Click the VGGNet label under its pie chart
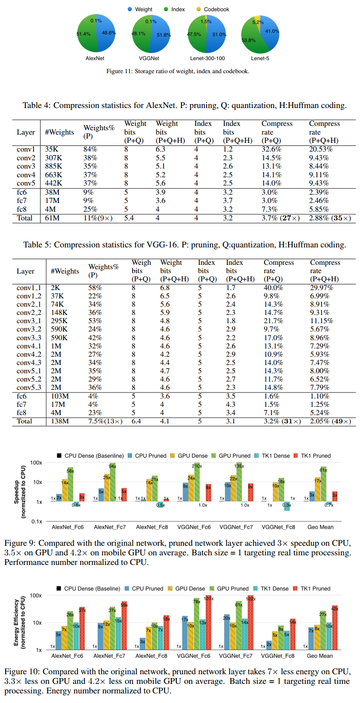pos(149,58)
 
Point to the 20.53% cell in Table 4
pos(321,149)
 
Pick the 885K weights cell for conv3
pos(54,166)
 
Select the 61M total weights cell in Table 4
pos(52,218)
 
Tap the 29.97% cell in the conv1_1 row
pos(322,288)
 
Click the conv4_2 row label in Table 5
pos(29,355)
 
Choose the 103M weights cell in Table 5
pos(60,396)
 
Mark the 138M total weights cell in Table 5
pos(60,421)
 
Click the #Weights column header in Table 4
pos(59,132)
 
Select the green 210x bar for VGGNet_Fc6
pos(197,482)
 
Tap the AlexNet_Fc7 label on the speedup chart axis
pos(110,527)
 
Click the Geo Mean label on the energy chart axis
pos(319,656)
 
